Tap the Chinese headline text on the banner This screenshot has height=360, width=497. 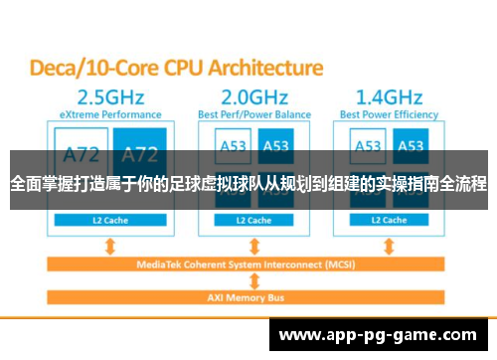248,183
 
